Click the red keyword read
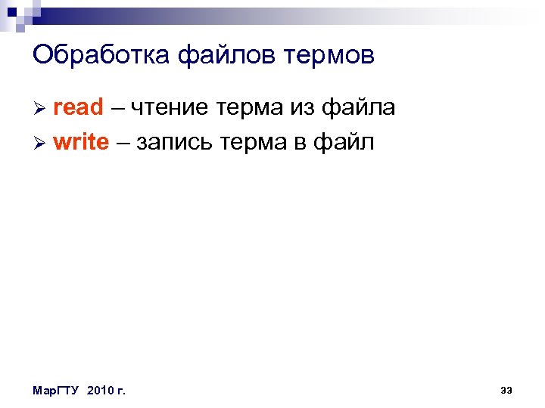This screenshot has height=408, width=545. tap(78, 108)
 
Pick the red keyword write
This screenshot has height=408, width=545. tap(81, 142)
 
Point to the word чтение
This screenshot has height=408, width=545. tap(170, 108)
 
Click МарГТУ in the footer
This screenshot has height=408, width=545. tap(57, 390)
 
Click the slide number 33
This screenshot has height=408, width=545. tap(506, 390)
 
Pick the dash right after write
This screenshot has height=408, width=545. tap(123, 143)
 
